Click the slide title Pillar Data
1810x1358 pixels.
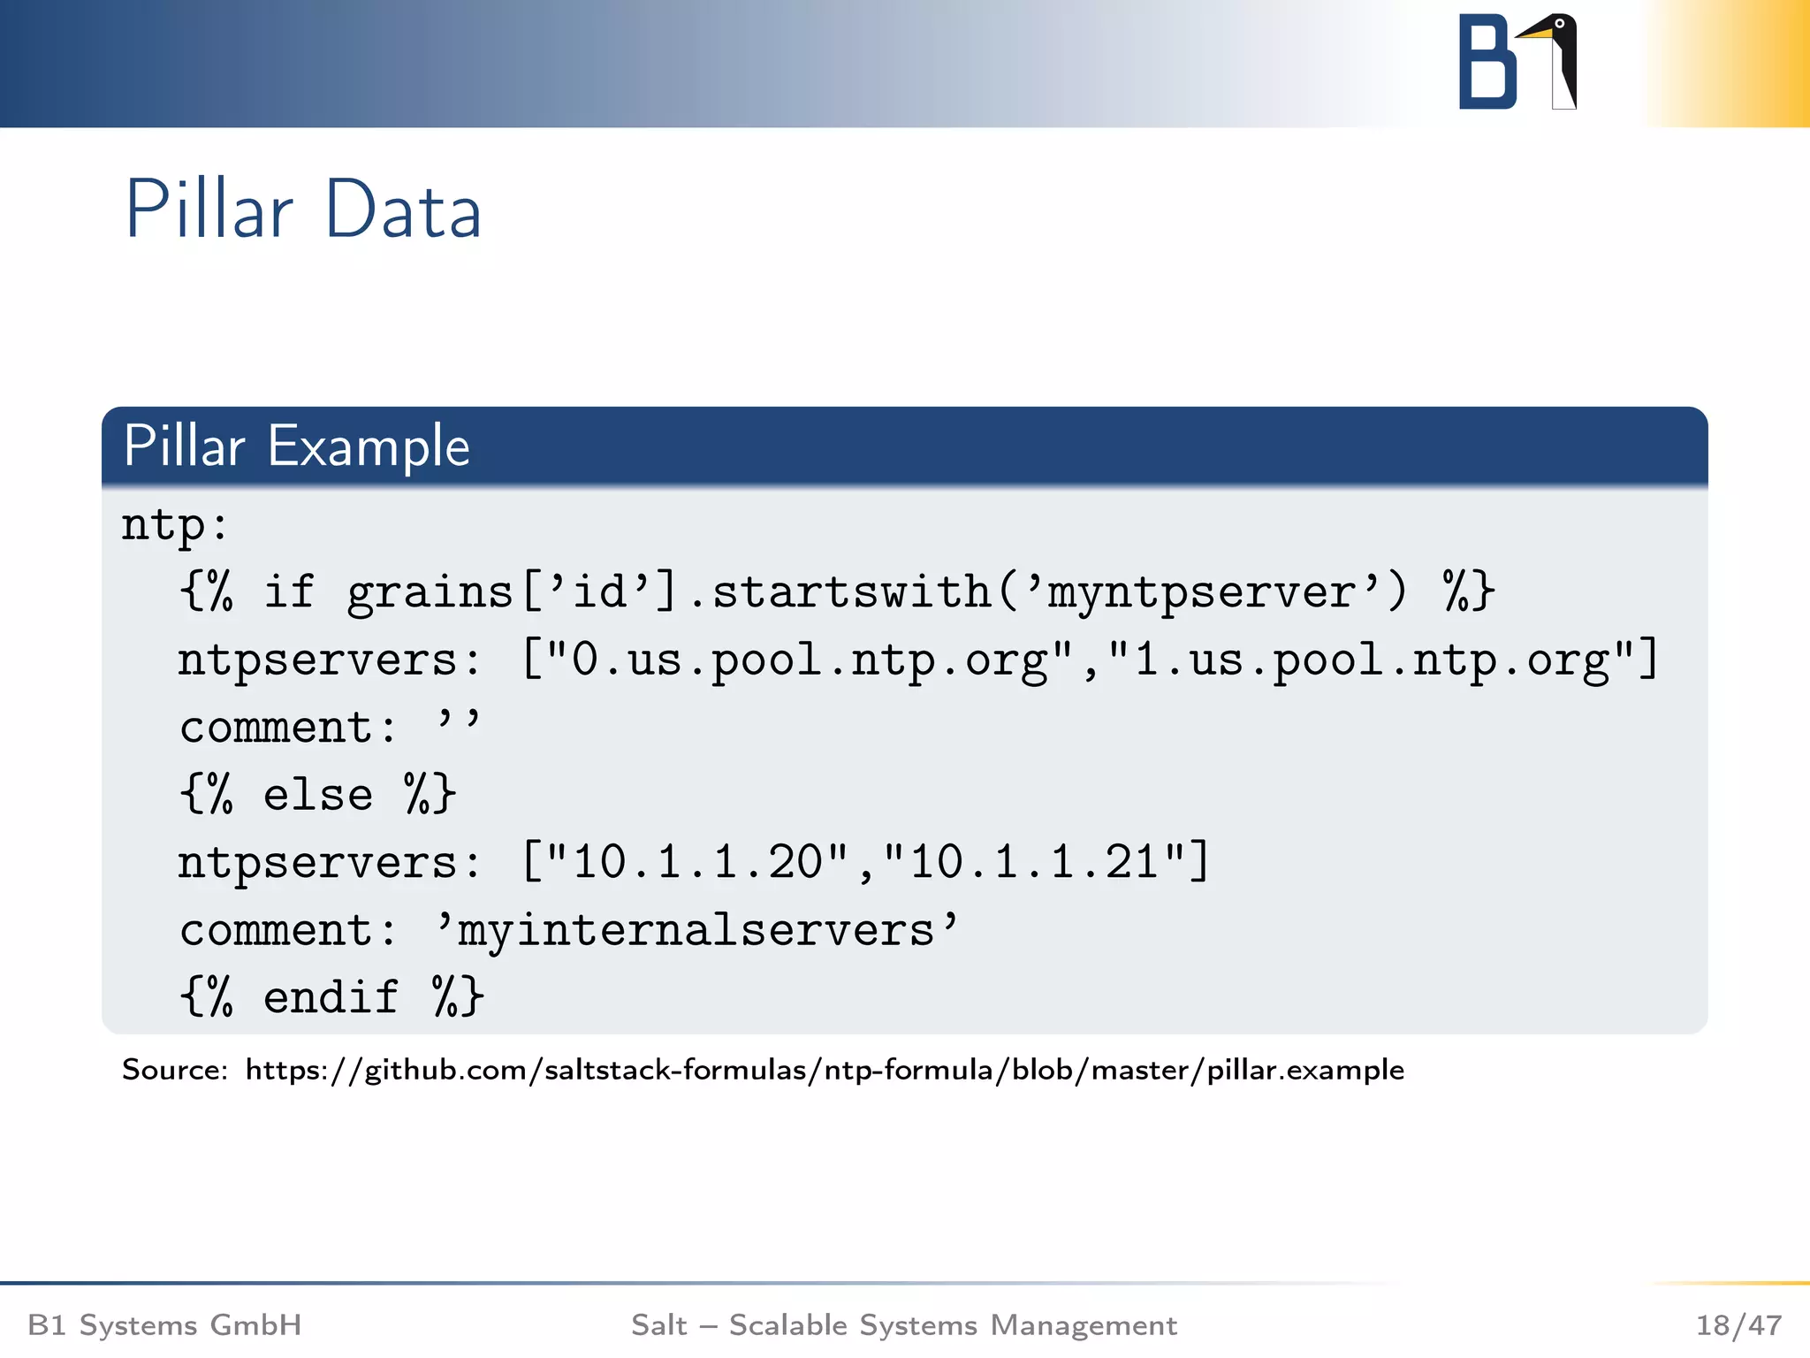(x=303, y=210)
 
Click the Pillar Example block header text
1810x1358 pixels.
(x=296, y=446)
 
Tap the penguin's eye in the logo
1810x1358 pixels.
(x=1560, y=24)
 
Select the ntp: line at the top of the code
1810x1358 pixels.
(x=175, y=525)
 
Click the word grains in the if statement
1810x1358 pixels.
(x=430, y=591)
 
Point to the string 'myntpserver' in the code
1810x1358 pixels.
(x=1202, y=591)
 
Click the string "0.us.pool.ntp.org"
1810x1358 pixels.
(x=808, y=660)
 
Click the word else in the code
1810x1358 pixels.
(x=318, y=794)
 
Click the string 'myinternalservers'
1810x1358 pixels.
(x=697, y=930)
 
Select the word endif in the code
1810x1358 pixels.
(x=331, y=997)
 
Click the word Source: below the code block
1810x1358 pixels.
(x=175, y=1071)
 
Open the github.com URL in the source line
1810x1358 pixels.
(x=824, y=1071)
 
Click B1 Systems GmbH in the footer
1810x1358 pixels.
(x=164, y=1325)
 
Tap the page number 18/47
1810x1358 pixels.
(x=1738, y=1325)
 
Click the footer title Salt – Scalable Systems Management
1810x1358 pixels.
(x=903, y=1325)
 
